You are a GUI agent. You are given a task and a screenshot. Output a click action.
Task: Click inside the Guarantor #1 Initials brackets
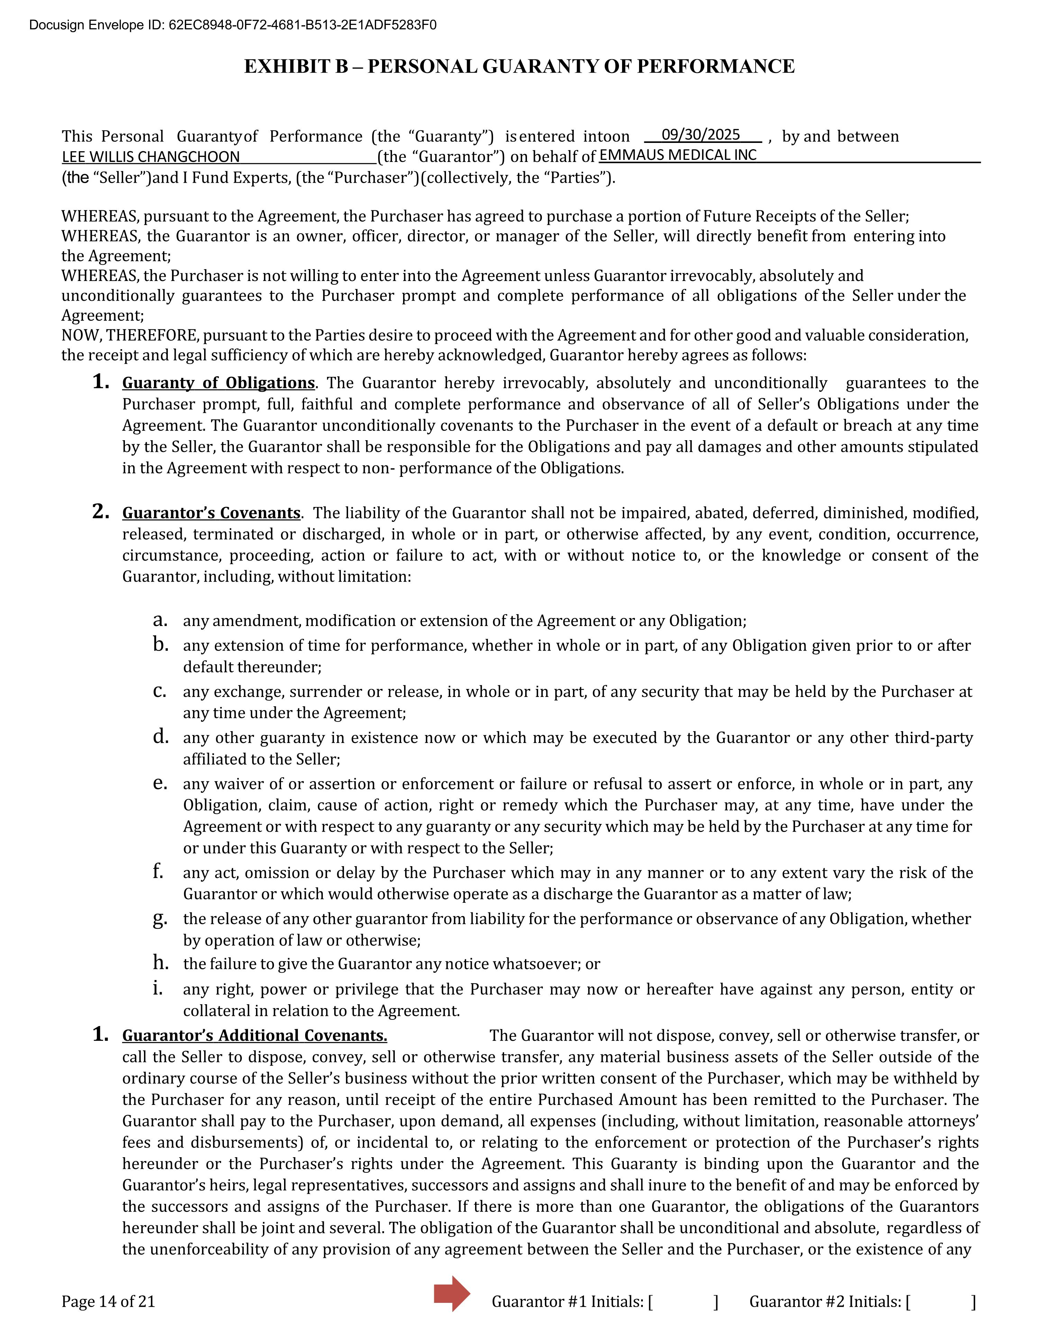(x=683, y=1302)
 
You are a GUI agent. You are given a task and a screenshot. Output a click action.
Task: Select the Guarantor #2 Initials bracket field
(x=941, y=1302)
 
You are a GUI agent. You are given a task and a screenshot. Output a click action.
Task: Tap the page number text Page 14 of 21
(x=108, y=1302)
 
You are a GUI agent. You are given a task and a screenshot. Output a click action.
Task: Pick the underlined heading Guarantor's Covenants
(x=211, y=513)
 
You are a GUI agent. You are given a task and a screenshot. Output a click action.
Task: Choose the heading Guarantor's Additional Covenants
(x=255, y=1035)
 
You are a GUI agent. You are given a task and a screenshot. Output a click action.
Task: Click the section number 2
(x=101, y=511)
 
